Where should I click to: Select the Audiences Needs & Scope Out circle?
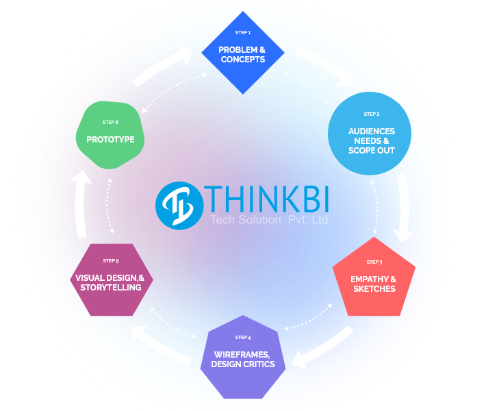(372, 140)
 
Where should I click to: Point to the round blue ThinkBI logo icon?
(179, 205)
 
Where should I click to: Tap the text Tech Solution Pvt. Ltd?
(270, 220)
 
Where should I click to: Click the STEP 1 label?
(242, 33)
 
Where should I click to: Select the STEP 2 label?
(372, 114)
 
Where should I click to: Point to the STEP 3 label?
(374, 262)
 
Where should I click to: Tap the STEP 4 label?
(242, 338)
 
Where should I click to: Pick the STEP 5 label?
(111, 261)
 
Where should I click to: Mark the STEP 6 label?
(110, 123)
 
